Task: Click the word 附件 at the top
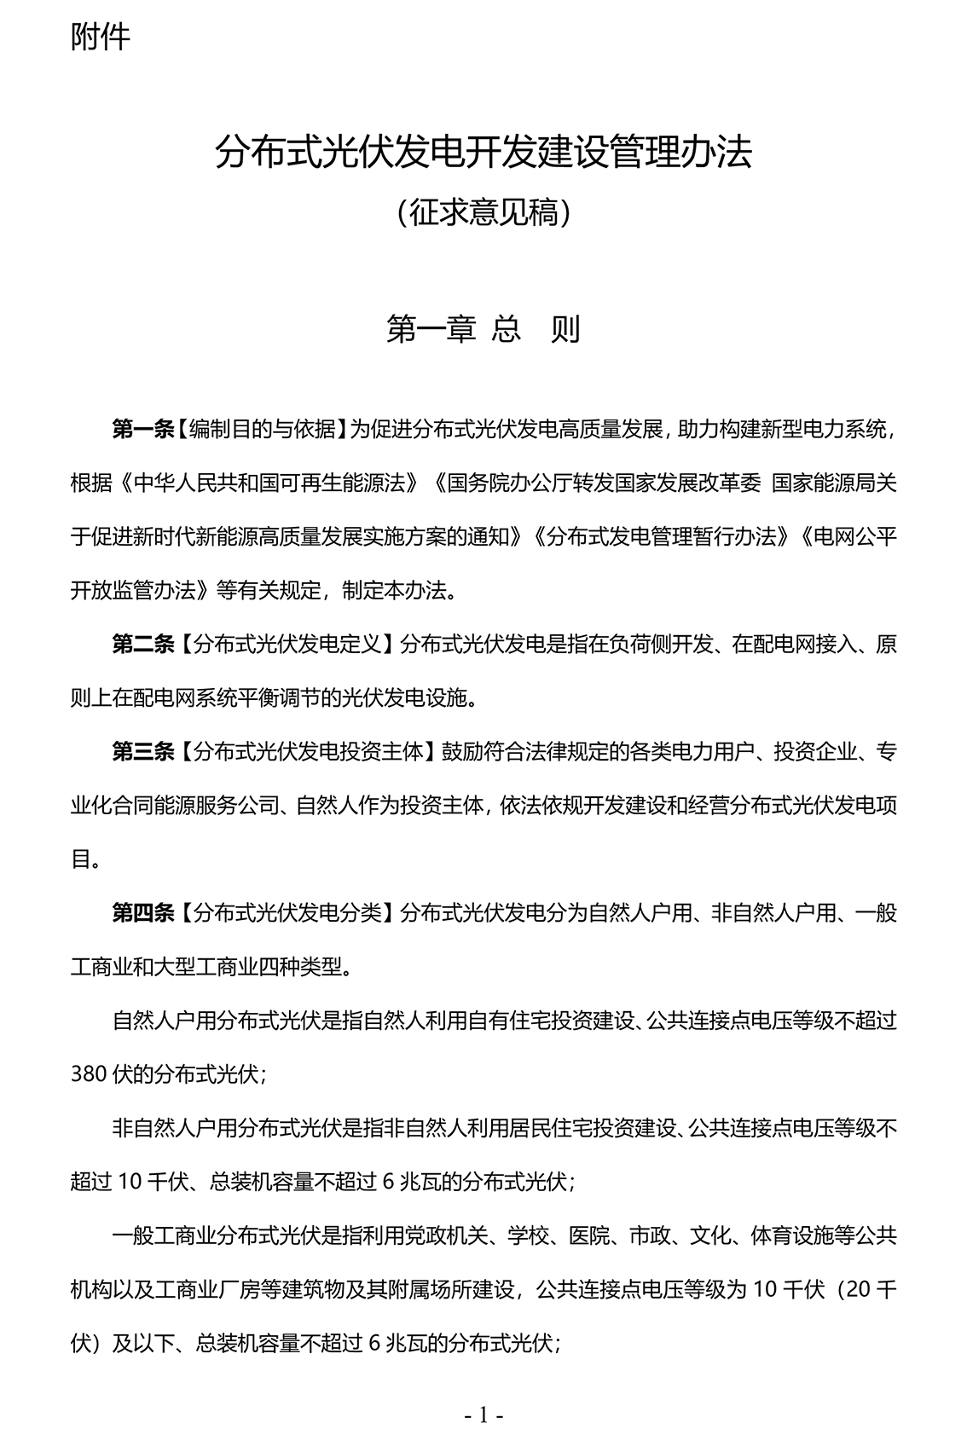coord(101,37)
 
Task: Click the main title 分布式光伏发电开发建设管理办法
coord(483,153)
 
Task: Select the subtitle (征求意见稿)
coord(483,212)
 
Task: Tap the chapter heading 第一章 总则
coord(483,329)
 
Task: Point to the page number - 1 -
coord(483,1416)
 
